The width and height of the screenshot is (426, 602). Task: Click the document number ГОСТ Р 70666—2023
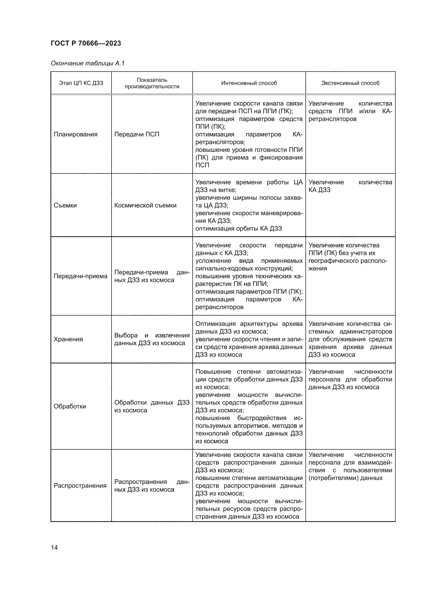pos(86,43)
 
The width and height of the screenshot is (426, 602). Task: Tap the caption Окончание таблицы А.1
pos(88,63)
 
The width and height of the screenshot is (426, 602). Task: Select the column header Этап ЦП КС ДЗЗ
pos(81,83)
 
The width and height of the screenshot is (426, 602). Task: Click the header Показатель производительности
pos(152,83)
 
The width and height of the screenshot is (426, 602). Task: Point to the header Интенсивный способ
pos(249,83)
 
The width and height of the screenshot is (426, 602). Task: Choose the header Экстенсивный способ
pos(350,83)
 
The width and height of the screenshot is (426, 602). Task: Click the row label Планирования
pos(75,135)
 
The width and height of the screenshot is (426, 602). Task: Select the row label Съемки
pos(65,205)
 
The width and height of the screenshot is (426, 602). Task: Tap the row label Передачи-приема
pos(81,276)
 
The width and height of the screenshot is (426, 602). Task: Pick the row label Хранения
pos(68,339)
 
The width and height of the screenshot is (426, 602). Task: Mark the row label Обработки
pos(70,406)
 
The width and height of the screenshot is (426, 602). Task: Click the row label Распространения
pos(80,486)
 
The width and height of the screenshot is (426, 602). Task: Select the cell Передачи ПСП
pos(137,135)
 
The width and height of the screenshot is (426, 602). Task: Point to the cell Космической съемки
pos(145,205)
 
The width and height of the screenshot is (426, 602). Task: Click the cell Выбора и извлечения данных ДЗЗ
pos(152,339)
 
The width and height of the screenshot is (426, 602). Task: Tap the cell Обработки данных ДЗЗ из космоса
pos(152,406)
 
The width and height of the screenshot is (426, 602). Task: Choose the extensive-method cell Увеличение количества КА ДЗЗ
pos(350,186)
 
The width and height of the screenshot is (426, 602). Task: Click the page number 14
pos(54,547)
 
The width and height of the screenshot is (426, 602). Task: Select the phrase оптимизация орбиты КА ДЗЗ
pos(238,229)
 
